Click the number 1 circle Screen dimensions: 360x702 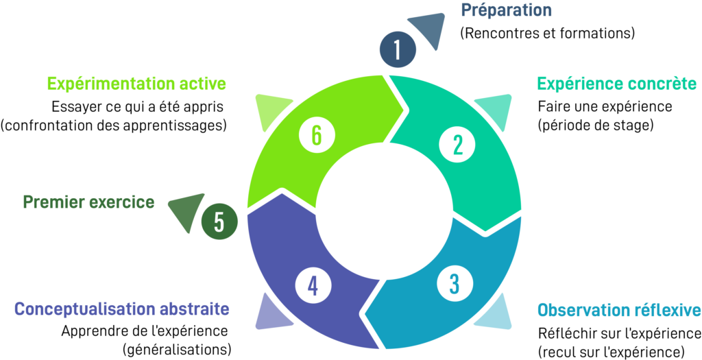point(398,50)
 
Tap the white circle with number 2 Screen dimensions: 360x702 point(457,144)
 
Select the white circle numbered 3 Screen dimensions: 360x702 point(454,283)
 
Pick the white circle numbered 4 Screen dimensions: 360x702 point(313,285)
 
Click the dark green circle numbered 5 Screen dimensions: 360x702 point(219,223)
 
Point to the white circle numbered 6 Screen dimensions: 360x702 point(316,134)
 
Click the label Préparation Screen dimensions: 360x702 point(506,10)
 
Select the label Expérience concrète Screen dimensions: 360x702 point(617,84)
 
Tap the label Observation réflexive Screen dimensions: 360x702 point(619,310)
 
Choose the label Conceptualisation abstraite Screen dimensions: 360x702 point(121,309)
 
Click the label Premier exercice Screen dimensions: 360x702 point(88,202)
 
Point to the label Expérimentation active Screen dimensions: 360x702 point(136,84)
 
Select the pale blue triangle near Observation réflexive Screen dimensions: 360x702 point(495,314)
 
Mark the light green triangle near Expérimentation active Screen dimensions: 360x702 point(273,110)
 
